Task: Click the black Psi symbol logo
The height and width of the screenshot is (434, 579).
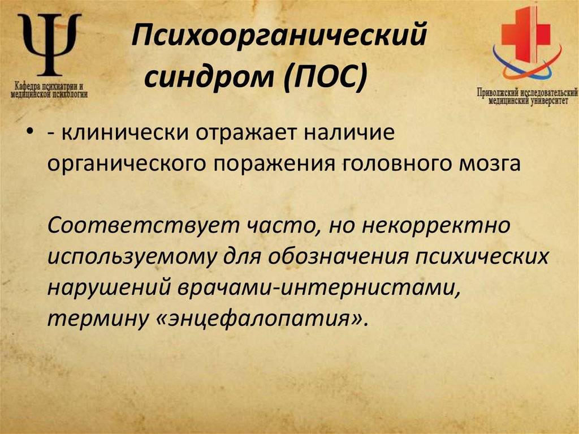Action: click(x=49, y=45)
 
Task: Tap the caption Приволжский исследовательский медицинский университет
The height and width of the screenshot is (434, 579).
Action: click(x=526, y=95)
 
